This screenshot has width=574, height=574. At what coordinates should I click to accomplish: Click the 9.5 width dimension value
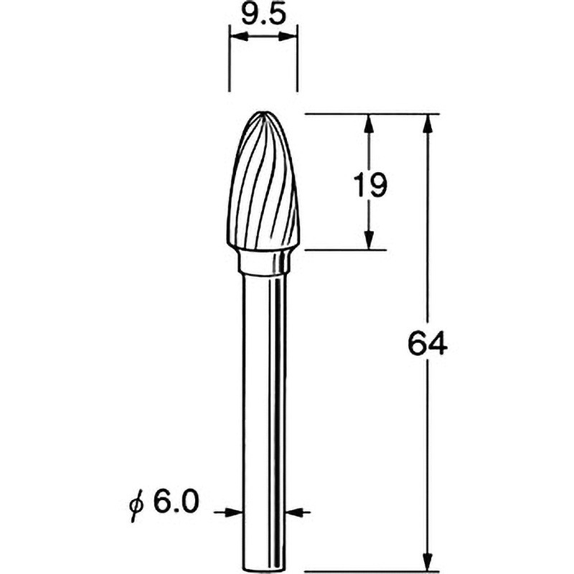point(262,14)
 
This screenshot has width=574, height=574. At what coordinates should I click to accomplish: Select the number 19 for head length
point(370,185)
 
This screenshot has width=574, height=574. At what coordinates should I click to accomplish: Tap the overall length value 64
point(427,345)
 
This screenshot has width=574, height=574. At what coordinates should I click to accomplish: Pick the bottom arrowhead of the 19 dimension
point(369,240)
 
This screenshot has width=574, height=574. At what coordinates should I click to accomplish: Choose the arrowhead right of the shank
point(296,512)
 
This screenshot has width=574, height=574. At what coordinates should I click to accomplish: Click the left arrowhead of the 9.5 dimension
point(235,33)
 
